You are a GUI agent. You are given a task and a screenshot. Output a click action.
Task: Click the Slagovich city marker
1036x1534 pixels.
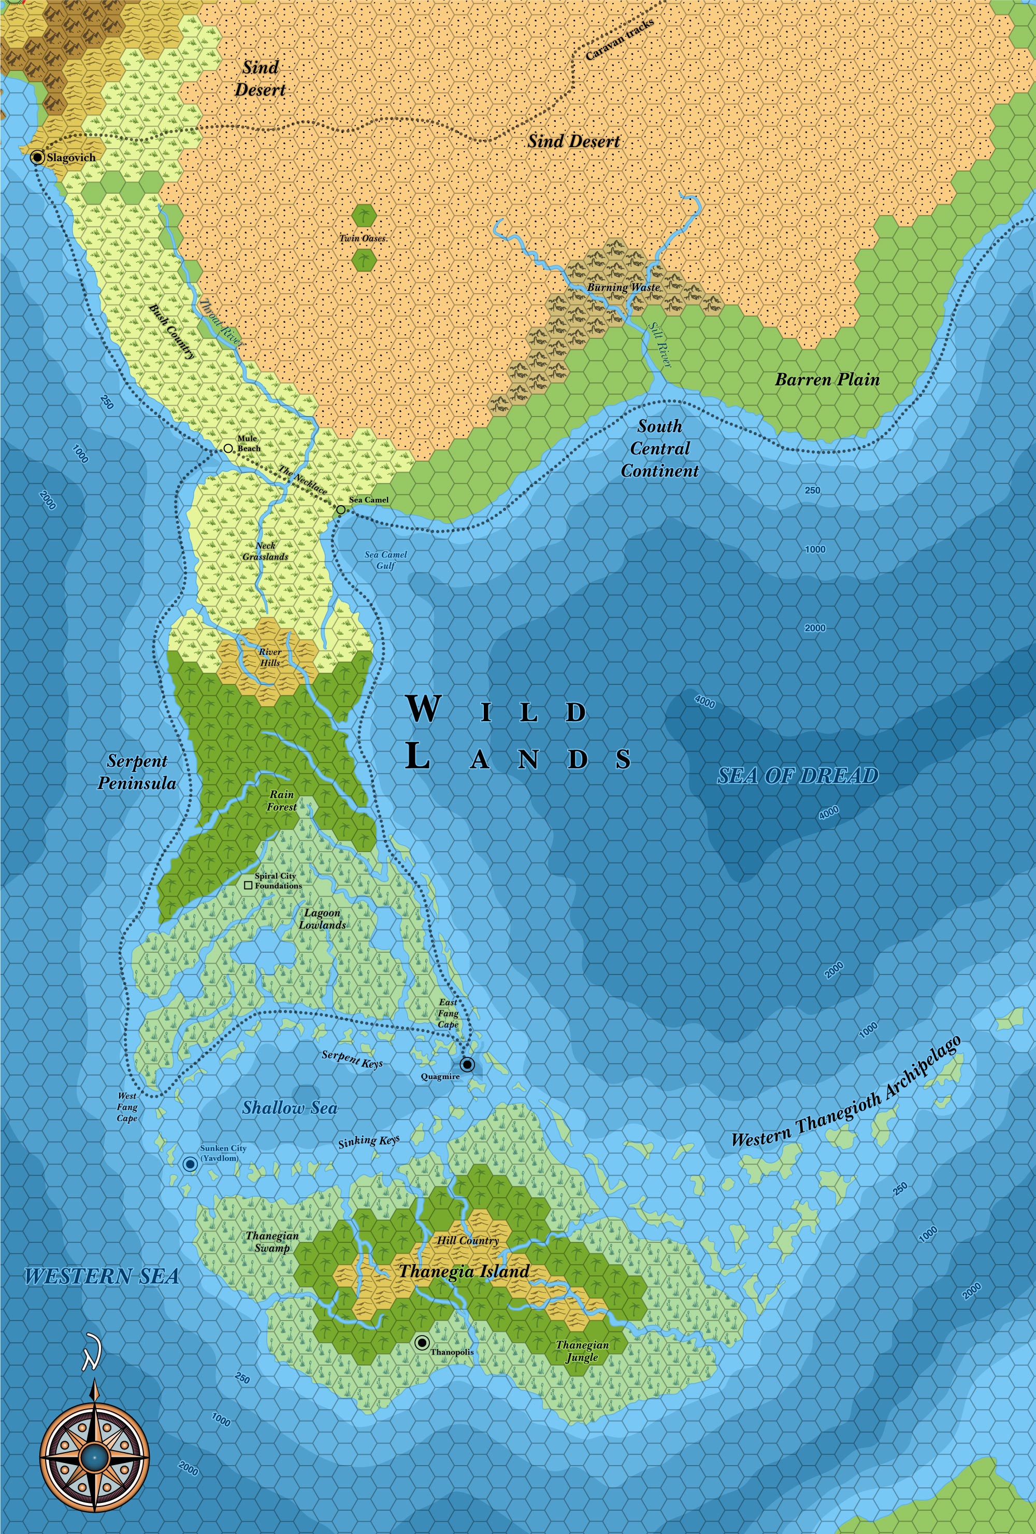click(38, 157)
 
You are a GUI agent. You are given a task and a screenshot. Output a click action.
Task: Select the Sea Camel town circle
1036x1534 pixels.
click(340, 510)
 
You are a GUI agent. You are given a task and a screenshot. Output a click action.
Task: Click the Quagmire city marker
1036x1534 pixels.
click(468, 1064)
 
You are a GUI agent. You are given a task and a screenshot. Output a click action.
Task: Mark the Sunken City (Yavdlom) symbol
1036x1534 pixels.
click(190, 1165)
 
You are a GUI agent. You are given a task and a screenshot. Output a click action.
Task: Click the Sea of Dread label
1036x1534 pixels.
click(797, 776)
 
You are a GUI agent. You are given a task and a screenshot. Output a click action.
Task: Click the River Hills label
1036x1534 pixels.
click(270, 657)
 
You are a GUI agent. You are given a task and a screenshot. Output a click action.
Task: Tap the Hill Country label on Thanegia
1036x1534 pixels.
click(467, 1241)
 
